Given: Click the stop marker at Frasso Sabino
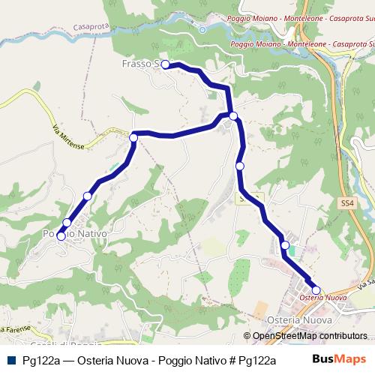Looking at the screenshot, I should pos(165,64).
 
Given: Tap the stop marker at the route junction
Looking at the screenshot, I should pos(234,115).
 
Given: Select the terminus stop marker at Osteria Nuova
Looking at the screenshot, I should pos(316,290).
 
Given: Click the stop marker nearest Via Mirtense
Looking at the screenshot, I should pos(133,137).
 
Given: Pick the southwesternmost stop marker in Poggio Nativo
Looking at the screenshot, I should pos(61,236).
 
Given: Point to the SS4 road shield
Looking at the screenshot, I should pos(346,203).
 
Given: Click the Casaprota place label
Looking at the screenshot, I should pos(93,25).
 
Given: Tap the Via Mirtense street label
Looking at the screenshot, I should pos(69,136).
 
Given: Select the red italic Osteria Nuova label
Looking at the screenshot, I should pos(322,298).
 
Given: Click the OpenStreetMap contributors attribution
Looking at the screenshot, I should pos(310,336).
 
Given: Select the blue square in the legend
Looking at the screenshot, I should pos(13,358).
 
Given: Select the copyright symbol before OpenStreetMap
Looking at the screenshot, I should pos(248,336).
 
